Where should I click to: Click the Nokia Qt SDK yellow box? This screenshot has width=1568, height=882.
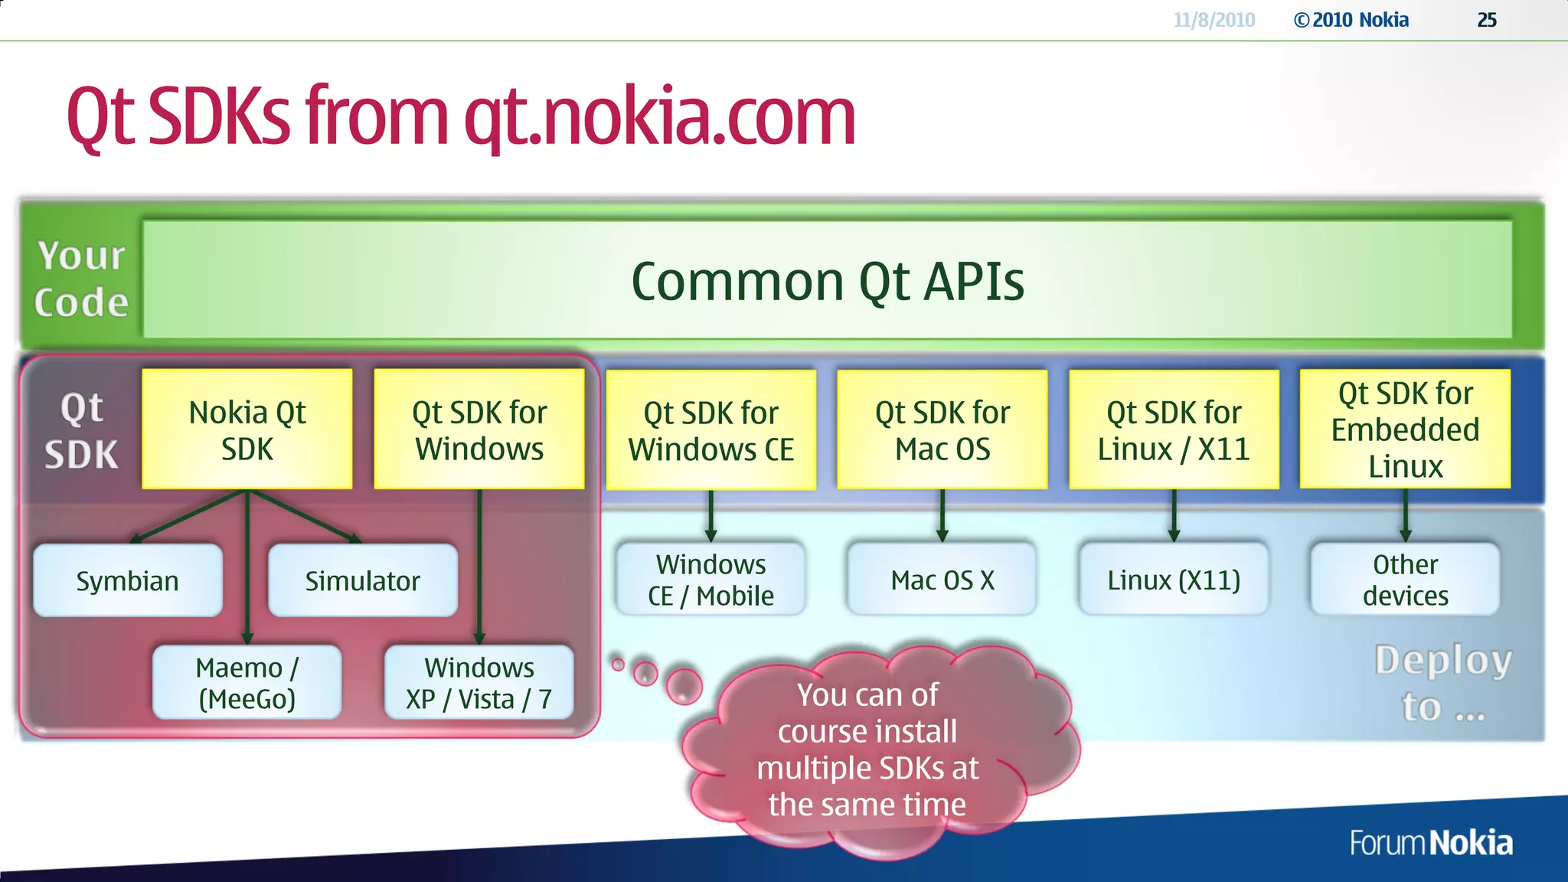[x=247, y=430]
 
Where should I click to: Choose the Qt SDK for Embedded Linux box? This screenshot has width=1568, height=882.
[x=1405, y=430]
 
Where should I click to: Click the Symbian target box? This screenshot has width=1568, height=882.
[x=128, y=580]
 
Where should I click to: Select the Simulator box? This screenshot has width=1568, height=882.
[x=363, y=580]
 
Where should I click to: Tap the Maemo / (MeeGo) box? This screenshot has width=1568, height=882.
[x=247, y=682]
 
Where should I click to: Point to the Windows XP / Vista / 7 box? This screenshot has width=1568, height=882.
[x=479, y=682]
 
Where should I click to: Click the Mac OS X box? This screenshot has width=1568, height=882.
[x=942, y=580]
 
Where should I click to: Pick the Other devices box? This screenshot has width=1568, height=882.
[x=1405, y=580]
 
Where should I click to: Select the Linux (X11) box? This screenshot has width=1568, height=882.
[x=1174, y=580]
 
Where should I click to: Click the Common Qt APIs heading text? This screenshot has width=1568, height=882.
[x=827, y=281]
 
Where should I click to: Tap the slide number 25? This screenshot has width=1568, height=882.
[x=1486, y=20]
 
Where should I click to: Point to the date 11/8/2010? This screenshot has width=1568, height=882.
[x=1214, y=20]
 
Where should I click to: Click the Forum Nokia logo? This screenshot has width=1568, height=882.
[x=1430, y=843]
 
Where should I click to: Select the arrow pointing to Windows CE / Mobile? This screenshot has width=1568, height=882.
[x=710, y=517]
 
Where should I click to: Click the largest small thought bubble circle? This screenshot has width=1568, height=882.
[x=684, y=685]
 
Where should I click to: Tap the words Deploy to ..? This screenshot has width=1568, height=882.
[x=1442, y=682]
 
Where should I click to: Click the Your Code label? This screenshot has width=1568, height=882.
[x=81, y=279]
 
